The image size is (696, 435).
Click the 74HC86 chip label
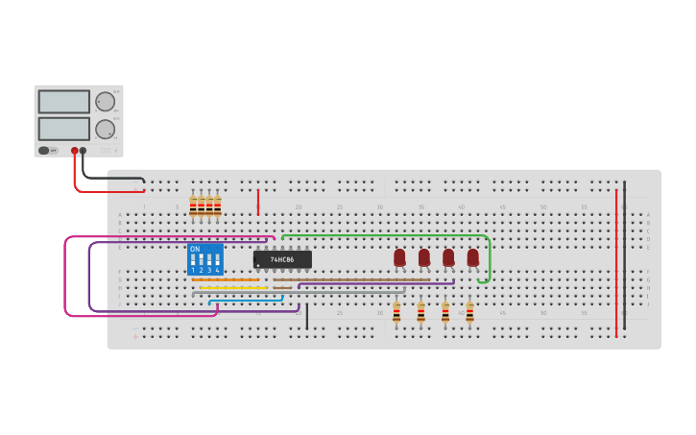[282, 259]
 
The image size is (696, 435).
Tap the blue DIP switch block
[205, 259]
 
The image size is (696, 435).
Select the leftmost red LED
[399, 257]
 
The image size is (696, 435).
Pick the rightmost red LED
[472, 257]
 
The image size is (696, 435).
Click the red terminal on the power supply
[74, 151]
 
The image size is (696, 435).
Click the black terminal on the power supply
[83, 151]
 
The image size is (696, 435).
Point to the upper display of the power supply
[64, 102]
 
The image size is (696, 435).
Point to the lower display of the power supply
[64, 128]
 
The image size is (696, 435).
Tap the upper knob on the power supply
[104, 101]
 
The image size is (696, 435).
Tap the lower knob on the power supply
[104, 129]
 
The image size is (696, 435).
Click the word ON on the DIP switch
[195, 249]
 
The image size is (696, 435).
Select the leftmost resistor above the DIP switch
[193, 206]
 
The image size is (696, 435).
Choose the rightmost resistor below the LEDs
[469, 312]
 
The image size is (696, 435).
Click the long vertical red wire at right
[616, 259]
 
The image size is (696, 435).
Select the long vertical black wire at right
[624, 254]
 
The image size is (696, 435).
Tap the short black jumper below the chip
[307, 316]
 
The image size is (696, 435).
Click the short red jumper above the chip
[258, 202]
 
